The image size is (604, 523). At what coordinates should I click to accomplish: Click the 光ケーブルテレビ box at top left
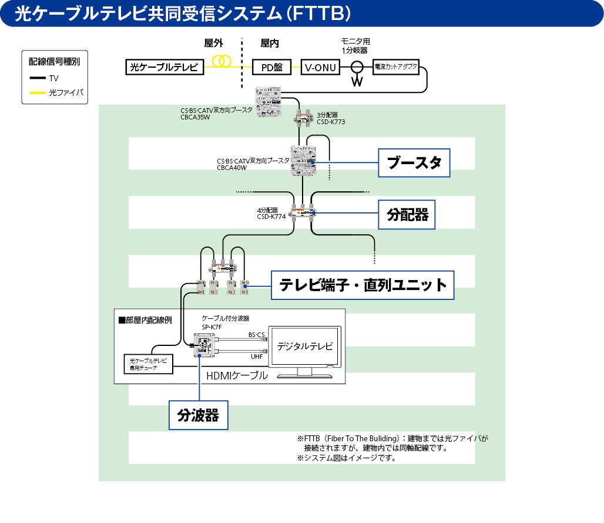[x=165, y=67]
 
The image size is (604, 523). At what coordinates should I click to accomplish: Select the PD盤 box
[x=271, y=67]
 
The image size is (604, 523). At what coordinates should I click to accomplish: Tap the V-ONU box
[x=321, y=67]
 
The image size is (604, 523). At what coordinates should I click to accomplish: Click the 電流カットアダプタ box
[x=396, y=67]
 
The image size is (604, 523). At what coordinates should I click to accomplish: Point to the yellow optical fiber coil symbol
[x=222, y=61]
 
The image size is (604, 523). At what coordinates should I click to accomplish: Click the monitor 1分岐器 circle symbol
[x=356, y=66]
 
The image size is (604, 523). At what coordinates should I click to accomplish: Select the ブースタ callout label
[x=414, y=162]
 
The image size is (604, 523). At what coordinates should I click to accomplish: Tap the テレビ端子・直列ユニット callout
[x=363, y=285]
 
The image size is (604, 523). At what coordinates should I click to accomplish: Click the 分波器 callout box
[x=198, y=415]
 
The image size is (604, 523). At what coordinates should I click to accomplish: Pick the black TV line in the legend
[x=38, y=78]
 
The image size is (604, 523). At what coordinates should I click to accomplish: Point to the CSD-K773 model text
[x=331, y=122]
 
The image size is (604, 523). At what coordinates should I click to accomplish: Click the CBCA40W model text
[x=231, y=168]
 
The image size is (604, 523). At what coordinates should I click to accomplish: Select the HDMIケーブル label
[x=237, y=375]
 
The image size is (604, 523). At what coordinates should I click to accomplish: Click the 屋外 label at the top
[x=213, y=43]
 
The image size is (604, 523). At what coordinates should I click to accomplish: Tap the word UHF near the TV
[x=257, y=357]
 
